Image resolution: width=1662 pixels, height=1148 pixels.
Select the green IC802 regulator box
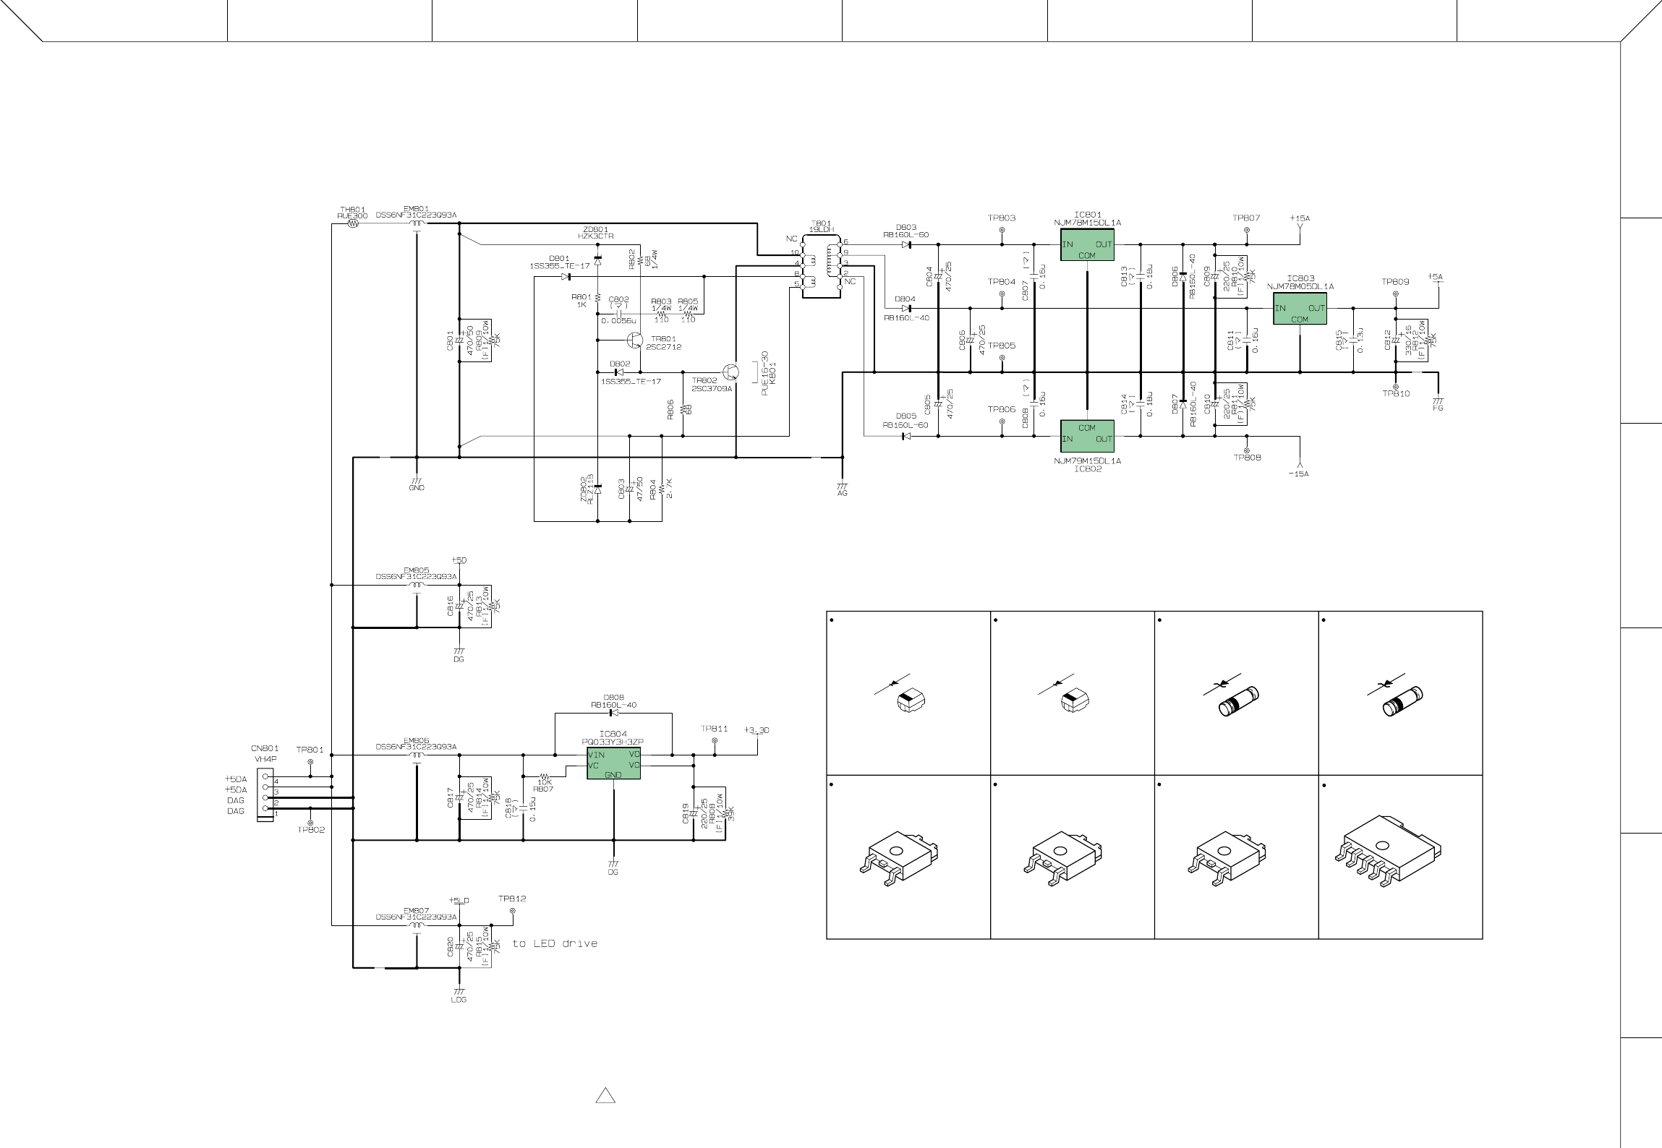[1087, 434]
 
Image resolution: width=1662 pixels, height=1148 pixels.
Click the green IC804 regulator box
[613, 764]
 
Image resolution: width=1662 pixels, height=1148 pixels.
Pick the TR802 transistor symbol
[731, 372]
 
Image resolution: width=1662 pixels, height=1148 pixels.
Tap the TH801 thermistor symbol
[353, 224]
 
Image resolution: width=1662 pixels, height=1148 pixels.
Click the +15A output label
[1300, 218]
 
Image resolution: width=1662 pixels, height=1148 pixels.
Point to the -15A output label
[1299, 474]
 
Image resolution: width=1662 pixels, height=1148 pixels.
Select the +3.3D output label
[757, 730]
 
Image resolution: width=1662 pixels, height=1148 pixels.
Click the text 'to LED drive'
[555, 943]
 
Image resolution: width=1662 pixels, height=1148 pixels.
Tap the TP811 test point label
[715, 729]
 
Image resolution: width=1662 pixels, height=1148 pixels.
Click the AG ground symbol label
[842, 493]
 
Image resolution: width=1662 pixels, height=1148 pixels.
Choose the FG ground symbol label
[1438, 408]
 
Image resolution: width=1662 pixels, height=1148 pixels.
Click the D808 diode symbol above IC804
[613, 714]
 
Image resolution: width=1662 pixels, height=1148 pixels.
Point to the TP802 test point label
[311, 830]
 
